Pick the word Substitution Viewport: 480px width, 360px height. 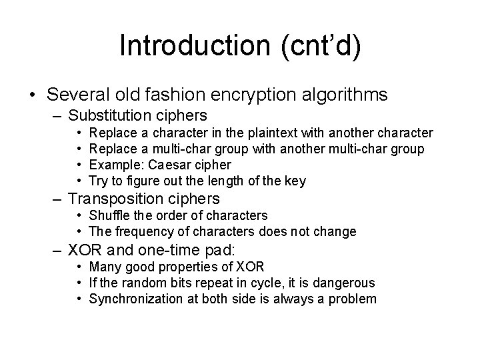(x=110, y=115)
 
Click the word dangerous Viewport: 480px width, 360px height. (x=341, y=283)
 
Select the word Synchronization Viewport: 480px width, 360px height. (x=138, y=299)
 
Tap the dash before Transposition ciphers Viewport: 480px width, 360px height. (x=57, y=199)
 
